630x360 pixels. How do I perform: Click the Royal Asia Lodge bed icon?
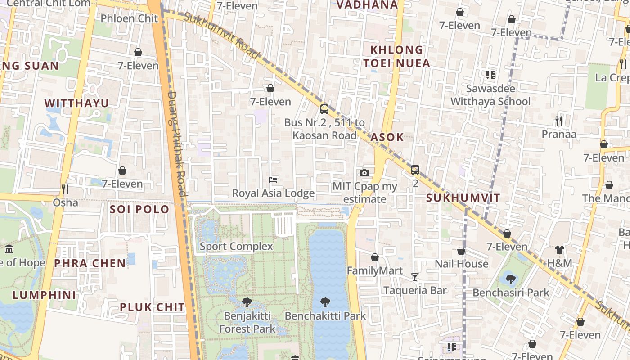click(273, 180)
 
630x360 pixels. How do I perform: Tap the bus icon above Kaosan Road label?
click(324, 109)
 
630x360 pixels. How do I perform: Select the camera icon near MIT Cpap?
click(364, 173)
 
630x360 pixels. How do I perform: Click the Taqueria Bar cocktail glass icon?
click(415, 277)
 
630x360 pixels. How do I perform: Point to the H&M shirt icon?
click(559, 249)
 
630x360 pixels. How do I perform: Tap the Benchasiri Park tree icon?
click(511, 279)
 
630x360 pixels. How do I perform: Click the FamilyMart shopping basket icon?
click(375, 257)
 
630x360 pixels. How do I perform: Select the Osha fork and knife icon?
click(65, 189)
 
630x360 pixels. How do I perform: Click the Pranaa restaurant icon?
click(558, 121)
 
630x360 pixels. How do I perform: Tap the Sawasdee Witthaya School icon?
click(490, 75)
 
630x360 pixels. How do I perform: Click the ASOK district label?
click(387, 137)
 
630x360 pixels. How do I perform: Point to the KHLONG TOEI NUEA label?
click(397, 56)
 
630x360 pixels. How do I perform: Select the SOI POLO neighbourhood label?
click(139, 209)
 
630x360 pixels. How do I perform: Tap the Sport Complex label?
click(236, 246)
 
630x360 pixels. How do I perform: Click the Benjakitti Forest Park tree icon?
click(247, 302)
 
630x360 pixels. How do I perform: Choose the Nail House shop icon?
click(461, 251)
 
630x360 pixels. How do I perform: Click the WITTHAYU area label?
click(76, 103)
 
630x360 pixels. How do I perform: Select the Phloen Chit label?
click(129, 18)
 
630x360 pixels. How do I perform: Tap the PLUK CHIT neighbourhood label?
click(152, 307)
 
